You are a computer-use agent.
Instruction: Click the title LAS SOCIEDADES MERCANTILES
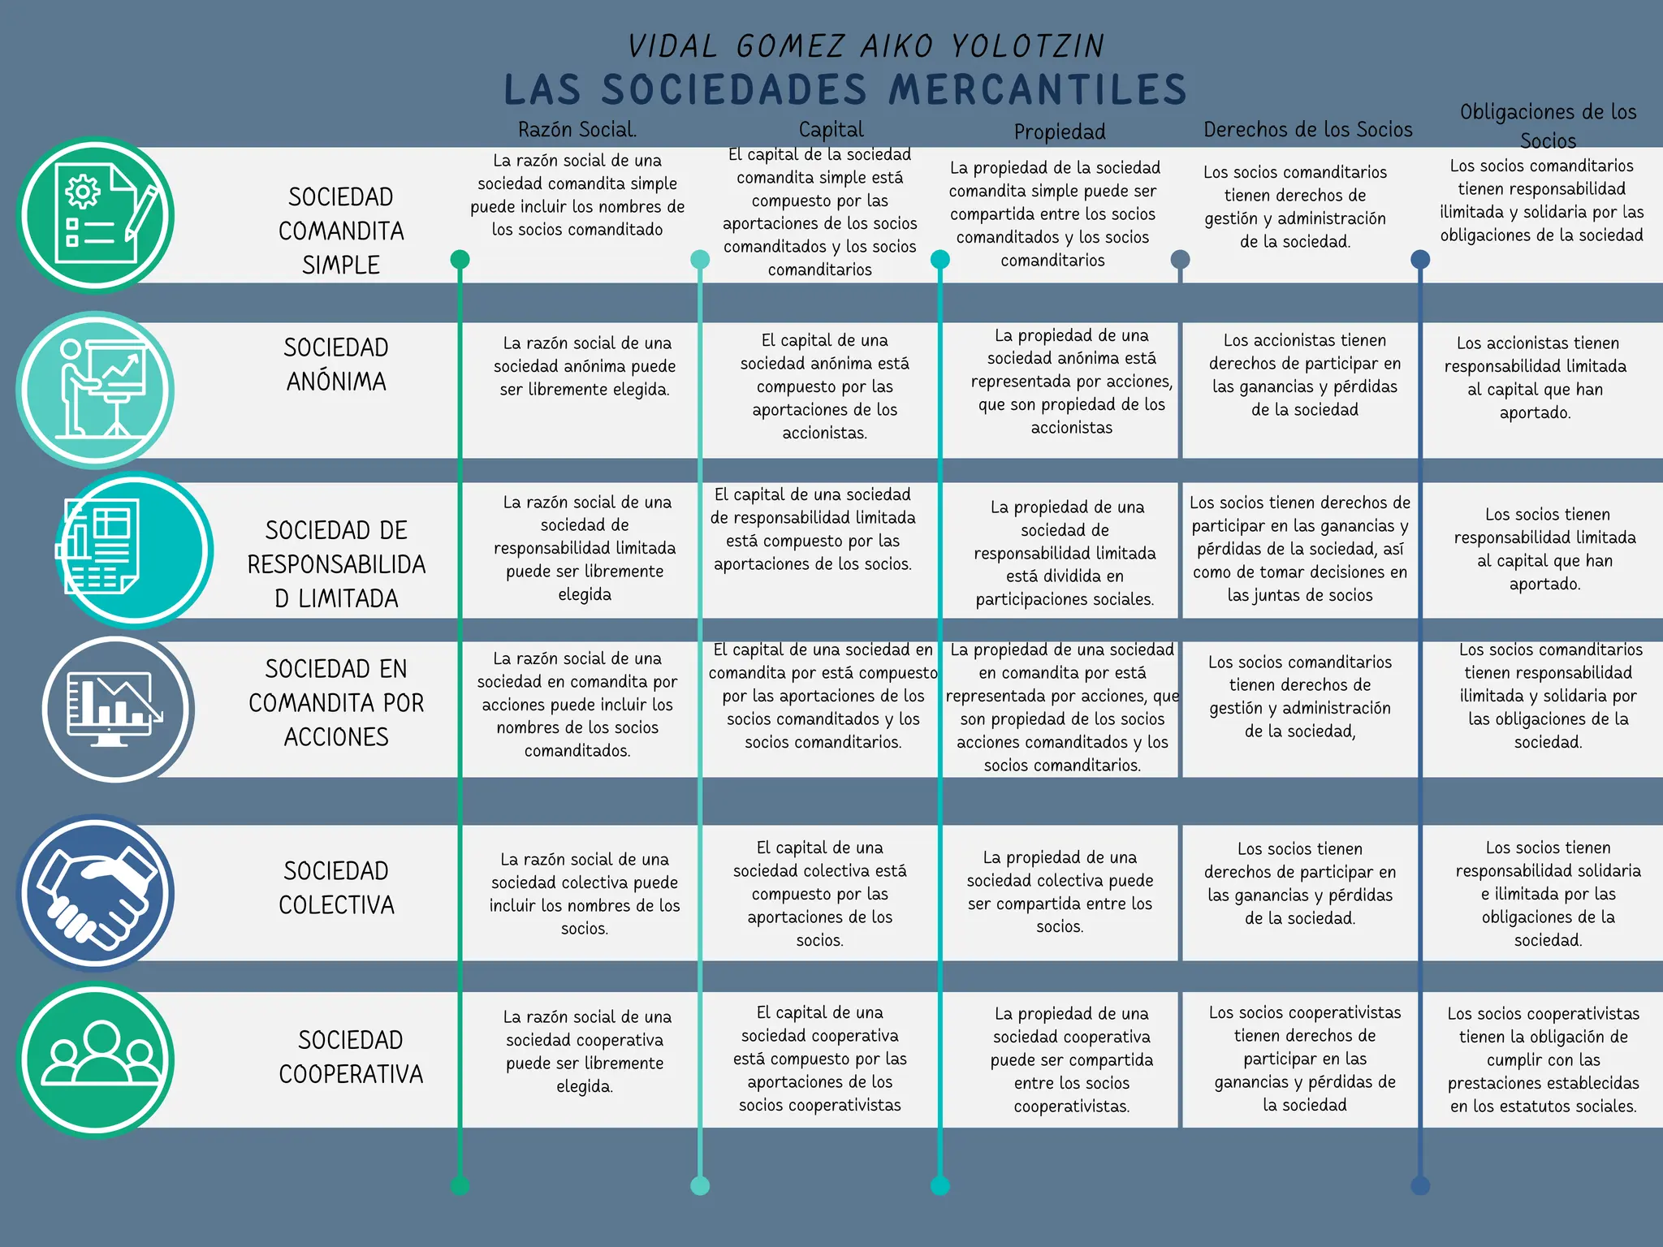tap(844, 89)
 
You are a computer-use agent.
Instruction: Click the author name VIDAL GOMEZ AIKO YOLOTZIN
tap(866, 46)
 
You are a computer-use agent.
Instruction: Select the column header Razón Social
tap(577, 130)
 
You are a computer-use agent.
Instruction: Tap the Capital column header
tap(831, 130)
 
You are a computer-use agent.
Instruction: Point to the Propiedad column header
tap(1060, 132)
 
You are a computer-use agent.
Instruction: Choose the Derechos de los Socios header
tap(1307, 130)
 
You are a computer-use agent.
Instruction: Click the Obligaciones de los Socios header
tap(1548, 126)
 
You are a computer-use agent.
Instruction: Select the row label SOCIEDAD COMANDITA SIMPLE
tap(341, 231)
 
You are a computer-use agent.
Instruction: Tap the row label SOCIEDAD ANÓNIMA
tap(336, 365)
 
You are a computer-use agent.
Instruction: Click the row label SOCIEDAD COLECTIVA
tap(336, 887)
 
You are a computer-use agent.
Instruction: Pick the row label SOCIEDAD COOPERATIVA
tap(351, 1057)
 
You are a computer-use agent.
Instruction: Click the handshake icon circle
tap(96, 893)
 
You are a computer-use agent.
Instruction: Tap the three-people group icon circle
tap(96, 1059)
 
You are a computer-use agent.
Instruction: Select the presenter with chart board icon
tap(96, 390)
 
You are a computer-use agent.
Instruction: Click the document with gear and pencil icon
tap(96, 215)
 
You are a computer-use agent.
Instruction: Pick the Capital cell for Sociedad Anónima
tap(824, 386)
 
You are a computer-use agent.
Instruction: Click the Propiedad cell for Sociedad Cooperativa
tap(1071, 1059)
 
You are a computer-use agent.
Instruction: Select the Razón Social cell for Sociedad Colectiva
tap(585, 893)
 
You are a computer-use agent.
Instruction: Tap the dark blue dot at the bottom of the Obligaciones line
tap(1420, 1186)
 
